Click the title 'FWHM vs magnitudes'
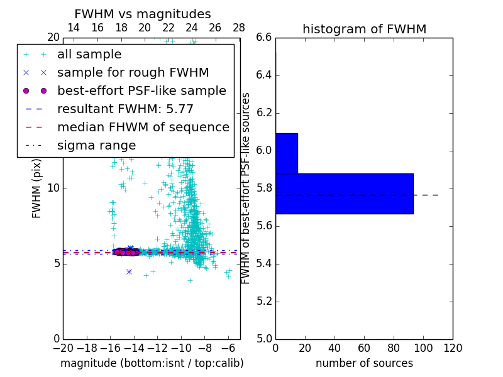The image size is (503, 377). (143, 14)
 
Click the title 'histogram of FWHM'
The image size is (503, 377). (364, 30)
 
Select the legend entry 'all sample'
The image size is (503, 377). (89, 55)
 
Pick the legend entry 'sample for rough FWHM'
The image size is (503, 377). (133, 73)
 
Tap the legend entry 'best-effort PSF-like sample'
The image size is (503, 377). (141, 91)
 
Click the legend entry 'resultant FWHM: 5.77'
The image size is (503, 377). (125, 109)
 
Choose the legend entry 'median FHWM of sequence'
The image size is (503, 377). (143, 128)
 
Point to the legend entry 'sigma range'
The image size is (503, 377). (96, 146)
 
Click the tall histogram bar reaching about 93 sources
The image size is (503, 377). (344, 194)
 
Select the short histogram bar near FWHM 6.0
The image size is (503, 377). (286, 153)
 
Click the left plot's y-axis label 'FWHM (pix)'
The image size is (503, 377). (37, 188)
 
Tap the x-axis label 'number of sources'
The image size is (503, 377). (364, 363)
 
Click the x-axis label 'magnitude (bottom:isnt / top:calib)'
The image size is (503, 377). (152, 363)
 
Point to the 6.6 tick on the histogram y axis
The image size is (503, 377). (264, 38)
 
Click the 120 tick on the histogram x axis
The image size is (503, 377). (453, 347)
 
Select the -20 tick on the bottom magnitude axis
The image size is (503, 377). (63, 347)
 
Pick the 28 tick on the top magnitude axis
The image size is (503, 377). (239, 28)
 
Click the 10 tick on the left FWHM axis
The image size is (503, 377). (53, 188)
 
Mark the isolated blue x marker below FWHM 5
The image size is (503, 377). (129, 271)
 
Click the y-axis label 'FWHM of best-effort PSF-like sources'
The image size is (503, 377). (246, 188)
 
